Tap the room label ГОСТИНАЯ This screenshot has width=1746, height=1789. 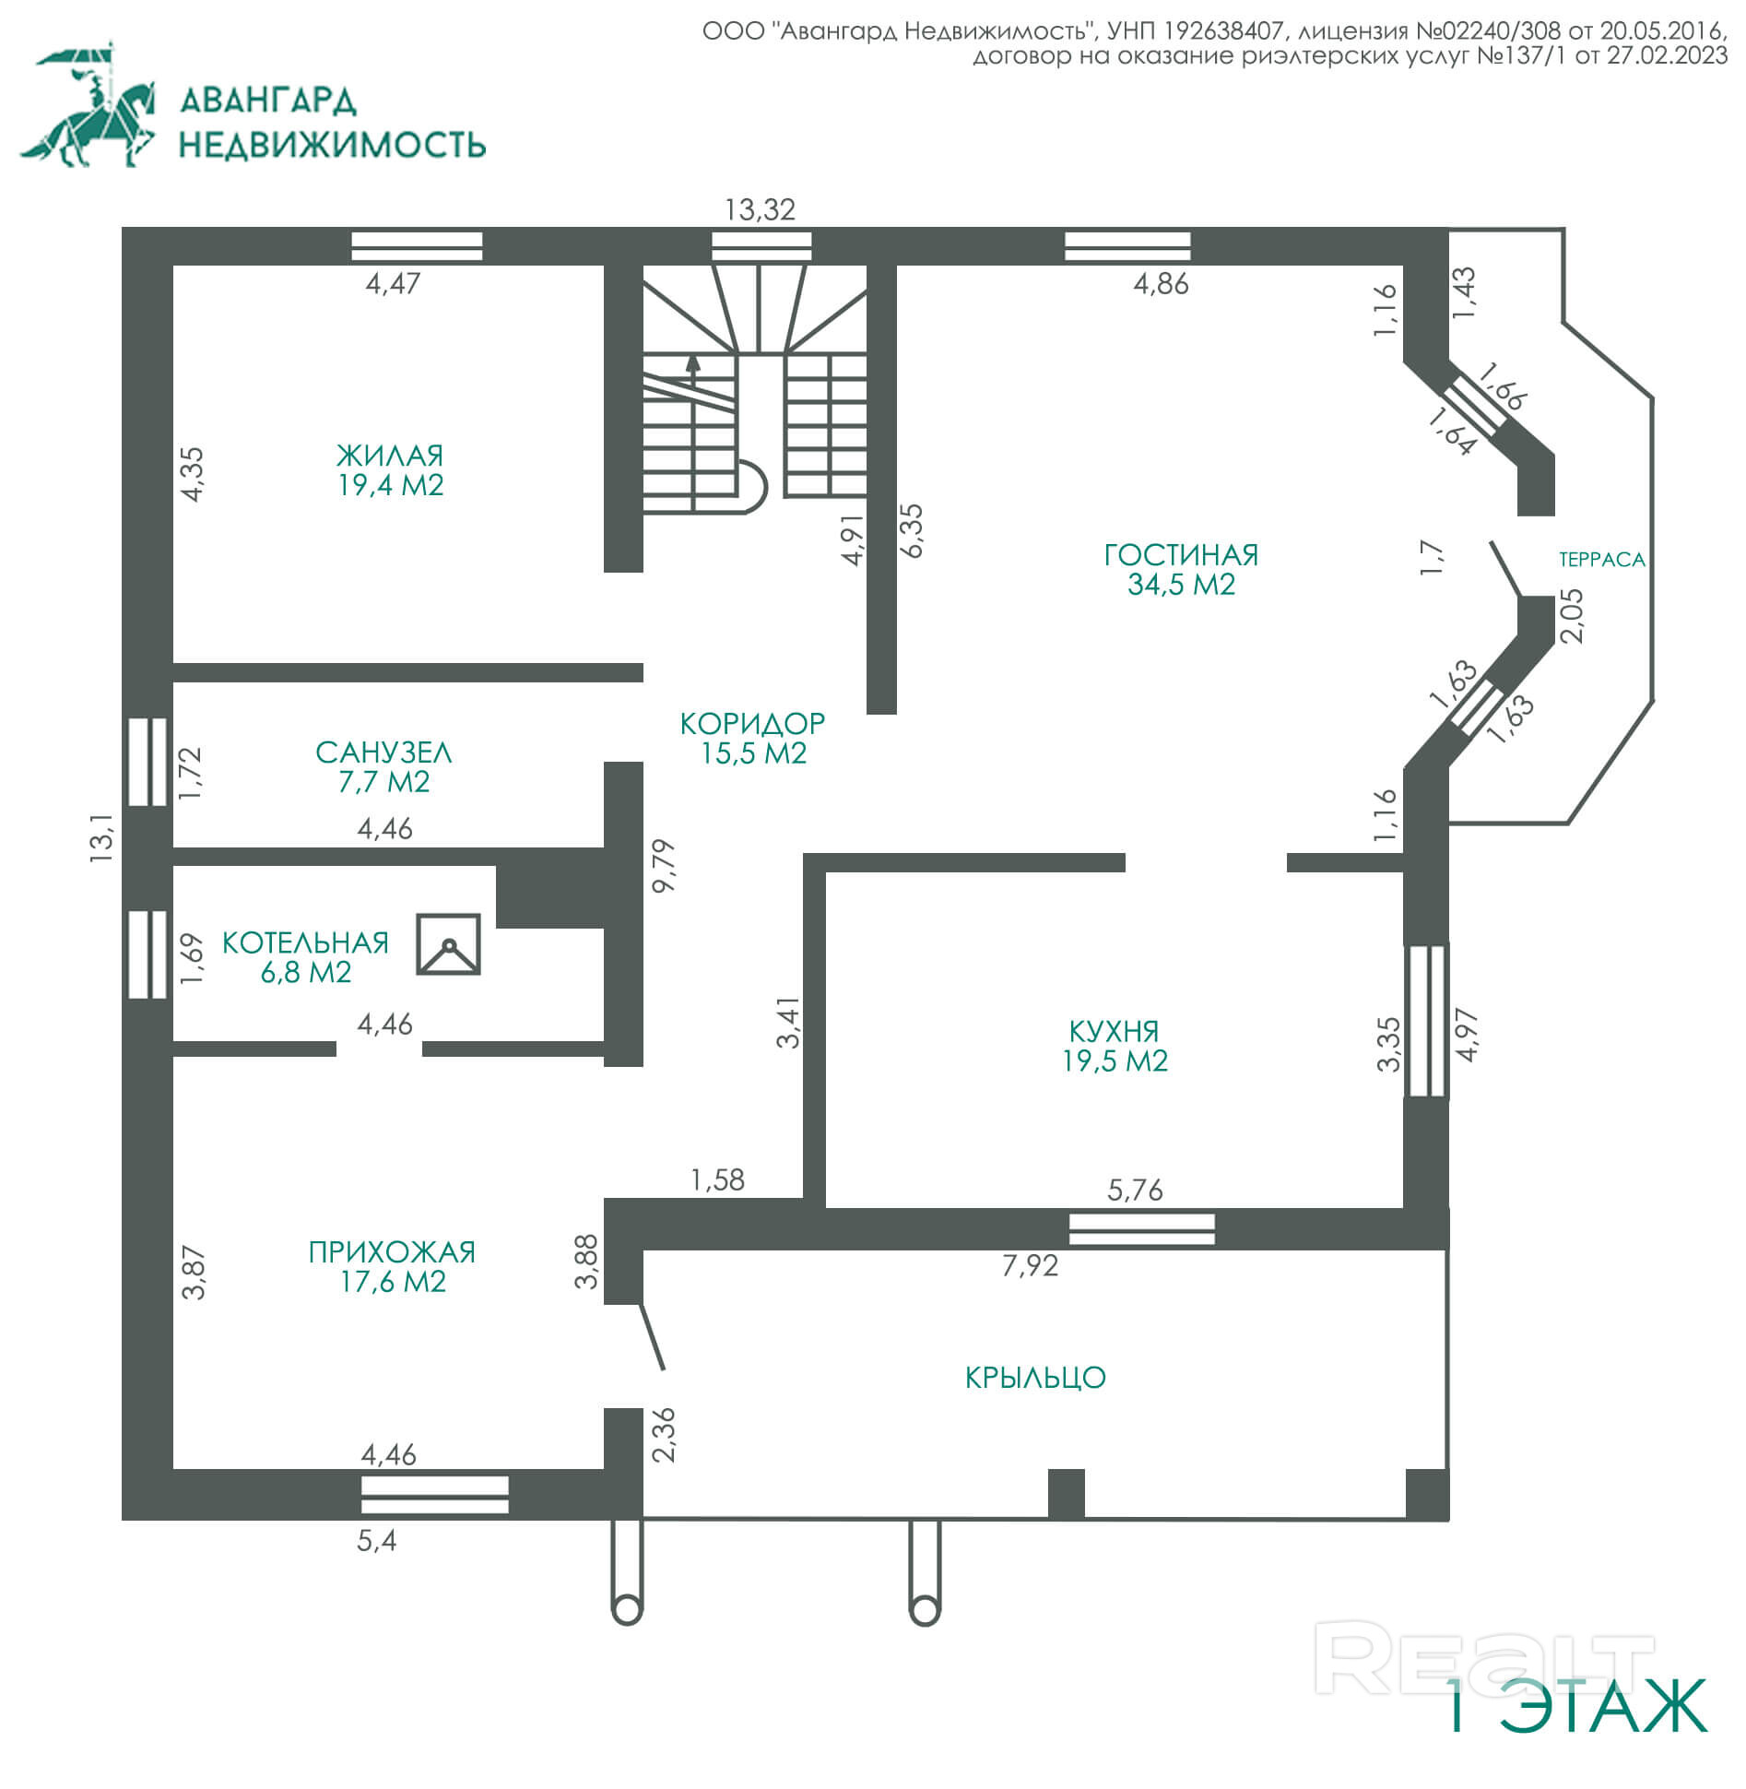click(1181, 555)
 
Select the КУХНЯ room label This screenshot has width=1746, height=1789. click(1114, 1031)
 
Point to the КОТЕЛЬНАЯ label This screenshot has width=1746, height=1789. click(305, 942)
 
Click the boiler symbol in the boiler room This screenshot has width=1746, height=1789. click(448, 944)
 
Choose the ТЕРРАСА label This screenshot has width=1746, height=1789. click(1601, 560)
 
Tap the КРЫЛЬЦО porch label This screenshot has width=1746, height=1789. click(1035, 1378)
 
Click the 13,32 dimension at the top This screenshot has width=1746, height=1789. click(760, 210)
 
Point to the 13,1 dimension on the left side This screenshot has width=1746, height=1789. click(101, 836)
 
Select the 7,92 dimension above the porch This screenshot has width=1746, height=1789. click(1030, 1265)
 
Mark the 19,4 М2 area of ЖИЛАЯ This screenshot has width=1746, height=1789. click(391, 485)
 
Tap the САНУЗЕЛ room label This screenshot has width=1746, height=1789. click(383, 752)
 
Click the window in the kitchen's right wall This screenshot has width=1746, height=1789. click(1426, 1021)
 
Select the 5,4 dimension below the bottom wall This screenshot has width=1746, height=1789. click(377, 1540)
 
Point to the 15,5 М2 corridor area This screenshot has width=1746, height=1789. click(753, 753)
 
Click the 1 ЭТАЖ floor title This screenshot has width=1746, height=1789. click(1576, 1707)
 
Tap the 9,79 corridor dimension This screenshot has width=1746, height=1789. click(664, 865)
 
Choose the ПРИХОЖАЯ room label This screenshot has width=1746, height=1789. click(392, 1252)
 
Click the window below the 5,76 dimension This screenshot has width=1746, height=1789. click(1141, 1229)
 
